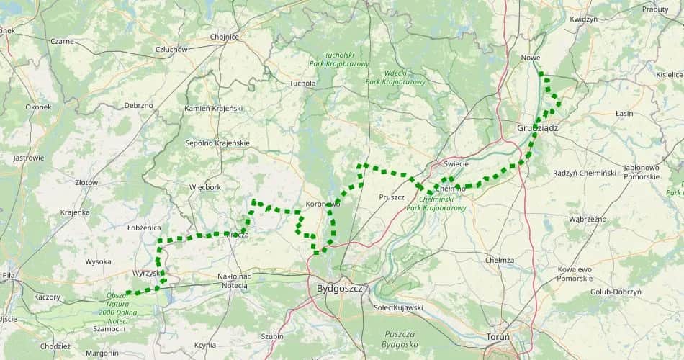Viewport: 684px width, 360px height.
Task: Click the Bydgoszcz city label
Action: coord(339,288)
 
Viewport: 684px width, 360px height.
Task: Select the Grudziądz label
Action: coord(537,127)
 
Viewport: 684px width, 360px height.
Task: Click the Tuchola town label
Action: coord(302,84)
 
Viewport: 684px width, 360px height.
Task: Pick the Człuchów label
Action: coord(171,50)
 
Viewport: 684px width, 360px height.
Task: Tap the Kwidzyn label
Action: coord(583,19)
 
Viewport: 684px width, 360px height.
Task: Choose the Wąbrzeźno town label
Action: coord(588,219)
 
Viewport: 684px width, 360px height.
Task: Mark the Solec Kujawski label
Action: coord(398,307)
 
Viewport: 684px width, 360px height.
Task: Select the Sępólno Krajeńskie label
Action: coord(217,143)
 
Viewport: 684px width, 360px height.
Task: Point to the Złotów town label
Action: coord(86,183)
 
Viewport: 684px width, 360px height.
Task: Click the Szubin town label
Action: coord(272,336)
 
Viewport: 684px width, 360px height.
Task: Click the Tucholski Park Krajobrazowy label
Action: coord(338,59)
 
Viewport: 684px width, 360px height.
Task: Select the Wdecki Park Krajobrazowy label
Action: coord(395,77)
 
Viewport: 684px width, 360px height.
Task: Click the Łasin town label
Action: coord(624,114)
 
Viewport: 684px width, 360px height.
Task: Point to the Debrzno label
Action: coord(138,105)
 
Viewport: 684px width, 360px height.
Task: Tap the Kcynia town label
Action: coord(205,345)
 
